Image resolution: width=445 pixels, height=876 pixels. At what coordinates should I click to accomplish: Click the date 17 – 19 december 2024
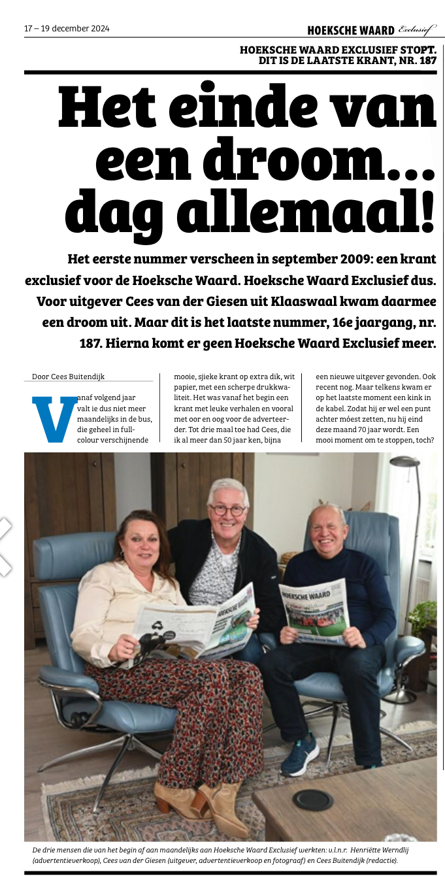click(x=67, y=29)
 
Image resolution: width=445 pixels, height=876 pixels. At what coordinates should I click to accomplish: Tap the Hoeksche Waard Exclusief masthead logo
click(x=371, y=29)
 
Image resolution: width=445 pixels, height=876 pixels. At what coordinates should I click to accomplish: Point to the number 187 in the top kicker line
click(x=425, y=60)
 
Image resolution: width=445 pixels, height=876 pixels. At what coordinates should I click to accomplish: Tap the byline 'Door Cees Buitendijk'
click(x=68, y=377)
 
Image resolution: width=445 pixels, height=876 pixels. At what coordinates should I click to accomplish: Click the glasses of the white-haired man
click(x=227, y=509)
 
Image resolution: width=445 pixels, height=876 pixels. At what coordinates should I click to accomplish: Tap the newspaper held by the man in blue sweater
click(x=315, y=611)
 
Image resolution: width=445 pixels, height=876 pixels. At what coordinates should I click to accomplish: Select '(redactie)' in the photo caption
click(x=376, y=860)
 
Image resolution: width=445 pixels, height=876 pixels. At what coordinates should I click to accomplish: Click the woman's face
click(x=137, y=541)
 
